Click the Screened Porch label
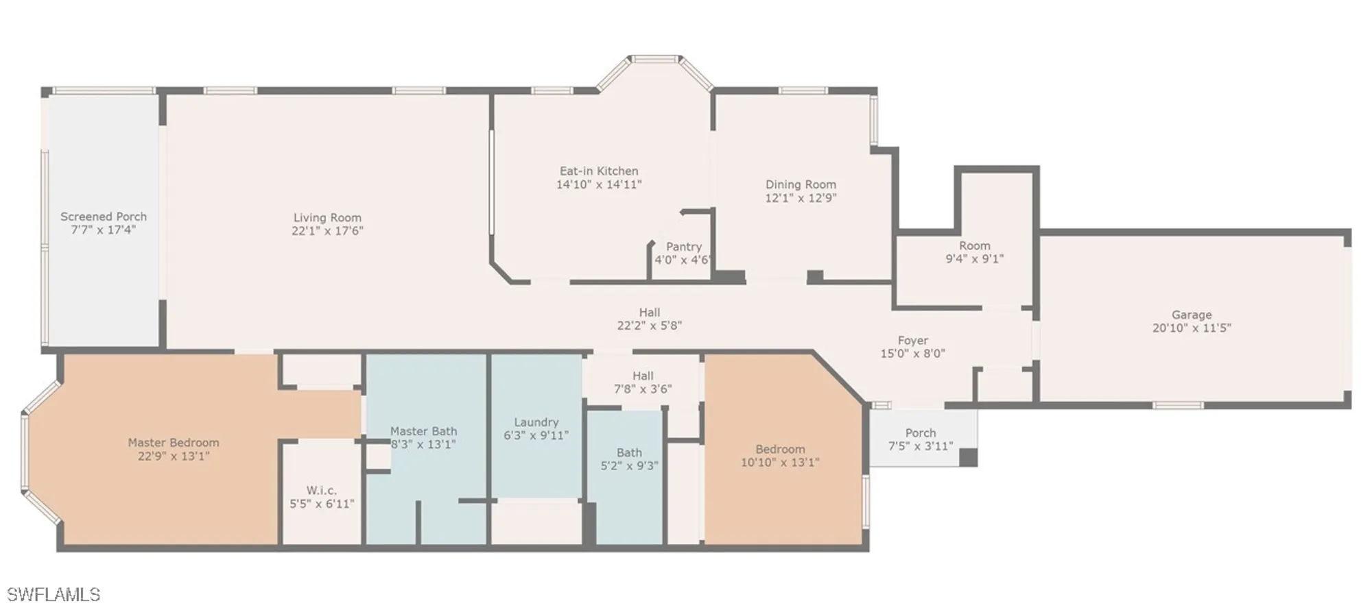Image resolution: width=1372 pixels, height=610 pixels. (104, 217)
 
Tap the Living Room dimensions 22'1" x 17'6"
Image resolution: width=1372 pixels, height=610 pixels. (327, 231)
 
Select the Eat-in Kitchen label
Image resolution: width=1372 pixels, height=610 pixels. (599, 171)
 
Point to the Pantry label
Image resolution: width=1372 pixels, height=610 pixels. (684, 247)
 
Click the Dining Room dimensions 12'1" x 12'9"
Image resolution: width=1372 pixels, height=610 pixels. (801, 198)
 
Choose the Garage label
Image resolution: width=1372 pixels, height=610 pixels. (1192, 315)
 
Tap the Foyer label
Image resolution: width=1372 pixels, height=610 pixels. (913, 341)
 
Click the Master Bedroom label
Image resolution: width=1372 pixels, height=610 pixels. (174, 443)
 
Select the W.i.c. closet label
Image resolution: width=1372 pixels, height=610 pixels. (322, 491)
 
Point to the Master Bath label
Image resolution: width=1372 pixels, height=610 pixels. (423, 431)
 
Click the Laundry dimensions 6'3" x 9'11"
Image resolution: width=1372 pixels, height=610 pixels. (536, 435)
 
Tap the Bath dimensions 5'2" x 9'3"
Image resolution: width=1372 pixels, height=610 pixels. (629, 466)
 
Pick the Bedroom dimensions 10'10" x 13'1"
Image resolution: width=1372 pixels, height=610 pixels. (780, 463)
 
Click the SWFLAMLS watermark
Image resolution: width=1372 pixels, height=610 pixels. (54, 594)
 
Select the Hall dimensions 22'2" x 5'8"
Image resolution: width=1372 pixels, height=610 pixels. (650, 326)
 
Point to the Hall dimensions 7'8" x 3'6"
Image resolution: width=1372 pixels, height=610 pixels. (643, 389)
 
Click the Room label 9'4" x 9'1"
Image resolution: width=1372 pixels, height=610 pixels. (975, 246)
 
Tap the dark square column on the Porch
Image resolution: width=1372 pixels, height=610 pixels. (968, 457)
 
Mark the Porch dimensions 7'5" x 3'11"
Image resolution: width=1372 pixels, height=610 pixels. (921, 446)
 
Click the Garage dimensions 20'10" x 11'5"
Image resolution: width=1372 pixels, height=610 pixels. (1192, 328)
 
